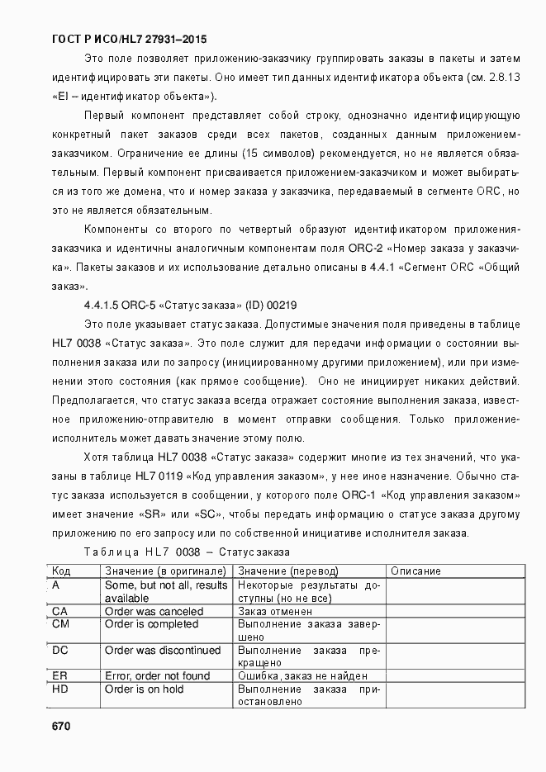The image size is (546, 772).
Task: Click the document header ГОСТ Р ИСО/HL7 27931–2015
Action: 129,39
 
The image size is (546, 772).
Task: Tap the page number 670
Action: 61,727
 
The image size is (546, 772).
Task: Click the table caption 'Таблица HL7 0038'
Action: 145,552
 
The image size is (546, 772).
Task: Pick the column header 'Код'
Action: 61,571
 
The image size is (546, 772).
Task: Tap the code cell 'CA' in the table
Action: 59,612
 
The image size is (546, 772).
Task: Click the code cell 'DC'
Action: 59,651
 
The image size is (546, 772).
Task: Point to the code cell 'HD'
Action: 59,689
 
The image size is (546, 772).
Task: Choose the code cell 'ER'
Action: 59,676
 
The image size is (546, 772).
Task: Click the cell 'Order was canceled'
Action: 154,612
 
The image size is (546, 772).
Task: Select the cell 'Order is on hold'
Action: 145,689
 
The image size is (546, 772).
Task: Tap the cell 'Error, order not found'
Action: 157,676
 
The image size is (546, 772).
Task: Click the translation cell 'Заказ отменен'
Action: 276,612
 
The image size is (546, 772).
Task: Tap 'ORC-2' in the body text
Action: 365,248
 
